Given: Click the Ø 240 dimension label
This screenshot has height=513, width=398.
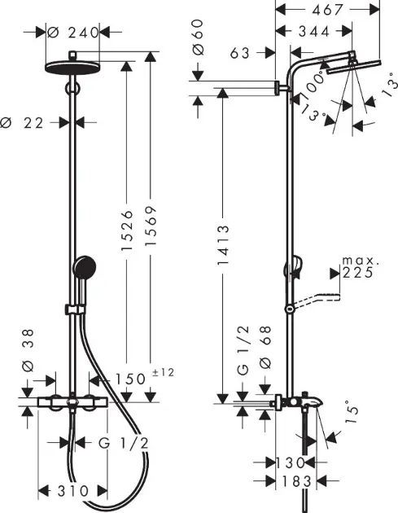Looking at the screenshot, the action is (x=73, y=33).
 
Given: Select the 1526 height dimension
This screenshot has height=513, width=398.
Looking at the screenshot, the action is (x=127, y=230).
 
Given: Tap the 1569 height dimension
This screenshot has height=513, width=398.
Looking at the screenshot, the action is (x=151, y=226).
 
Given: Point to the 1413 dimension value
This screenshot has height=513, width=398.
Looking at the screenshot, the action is (x=223, y=245).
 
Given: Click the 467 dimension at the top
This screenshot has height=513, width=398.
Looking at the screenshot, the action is (x=327, y=10).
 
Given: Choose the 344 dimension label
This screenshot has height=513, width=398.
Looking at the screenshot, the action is (x=314, y=32).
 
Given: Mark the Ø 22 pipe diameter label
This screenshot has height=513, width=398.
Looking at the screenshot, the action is (x=22, y=123).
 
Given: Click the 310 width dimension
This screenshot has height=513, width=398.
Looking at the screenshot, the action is (x=73, y=491).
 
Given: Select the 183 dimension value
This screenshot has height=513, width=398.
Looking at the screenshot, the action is (x=296, y=481).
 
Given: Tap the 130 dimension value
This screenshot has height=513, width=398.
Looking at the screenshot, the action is (x=291, y=463).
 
